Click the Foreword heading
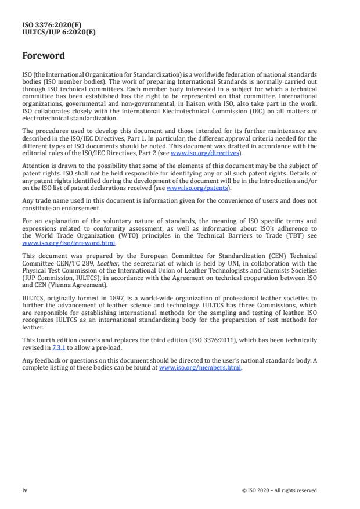coord(44,57)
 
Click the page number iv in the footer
coord(25,490)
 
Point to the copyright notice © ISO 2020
coord(279,490)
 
